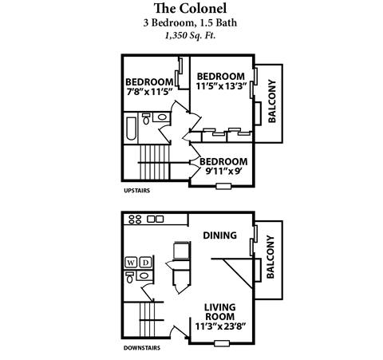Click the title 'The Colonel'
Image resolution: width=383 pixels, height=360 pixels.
point(191,9)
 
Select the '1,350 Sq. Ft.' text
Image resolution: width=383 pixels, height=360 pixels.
point(191,35)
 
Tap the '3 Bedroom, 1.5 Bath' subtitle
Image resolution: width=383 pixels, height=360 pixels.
point(191,22)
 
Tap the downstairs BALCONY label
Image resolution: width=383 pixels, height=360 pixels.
point(271,258)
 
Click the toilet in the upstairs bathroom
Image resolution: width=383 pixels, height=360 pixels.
point(147,119)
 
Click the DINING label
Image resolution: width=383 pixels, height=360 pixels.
point(220,235)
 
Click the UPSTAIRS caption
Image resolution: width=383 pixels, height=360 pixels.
point(137,192)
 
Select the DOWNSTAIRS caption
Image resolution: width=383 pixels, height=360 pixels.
point(142,348)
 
